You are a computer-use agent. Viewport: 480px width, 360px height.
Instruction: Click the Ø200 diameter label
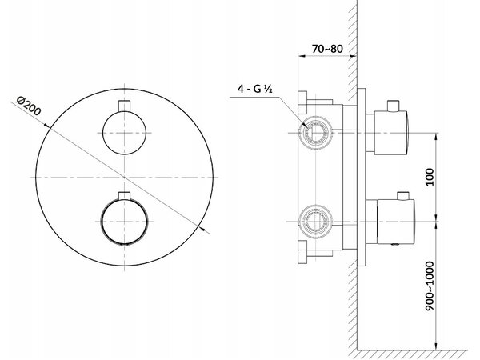coord(29,106)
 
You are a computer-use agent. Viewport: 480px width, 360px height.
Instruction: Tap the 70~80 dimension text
coord(327,49)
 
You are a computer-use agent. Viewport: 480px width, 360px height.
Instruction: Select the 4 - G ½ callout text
coord(255,89)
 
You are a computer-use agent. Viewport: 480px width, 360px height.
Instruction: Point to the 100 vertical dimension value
coord(430,177)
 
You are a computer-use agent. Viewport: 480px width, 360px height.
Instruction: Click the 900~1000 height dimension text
coord(430,286)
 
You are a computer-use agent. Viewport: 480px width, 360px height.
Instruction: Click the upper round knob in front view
coord(124,133)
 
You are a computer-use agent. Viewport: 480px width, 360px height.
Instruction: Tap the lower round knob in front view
coord(124,222)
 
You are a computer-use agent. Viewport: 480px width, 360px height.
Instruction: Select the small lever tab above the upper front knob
coord(124,105)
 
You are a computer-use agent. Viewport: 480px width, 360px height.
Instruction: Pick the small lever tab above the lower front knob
coord(124,196)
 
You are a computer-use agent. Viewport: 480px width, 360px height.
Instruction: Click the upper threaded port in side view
coord(314,133)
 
